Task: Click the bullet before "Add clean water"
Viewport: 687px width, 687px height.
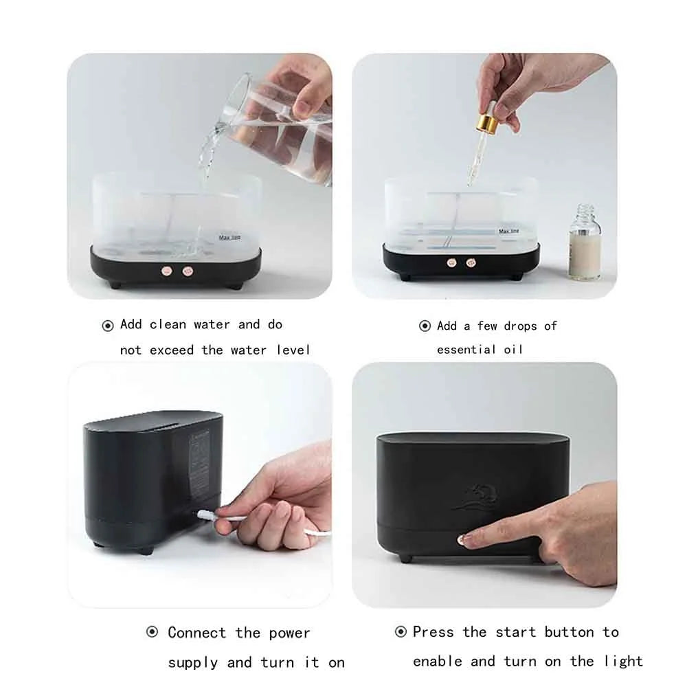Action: (x=108, y=326)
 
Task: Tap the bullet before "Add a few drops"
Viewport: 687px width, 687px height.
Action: (x=425, y=326)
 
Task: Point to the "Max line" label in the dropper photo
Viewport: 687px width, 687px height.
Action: (x=509, y=232)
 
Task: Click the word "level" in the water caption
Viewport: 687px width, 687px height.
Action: (x=293, y=350)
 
